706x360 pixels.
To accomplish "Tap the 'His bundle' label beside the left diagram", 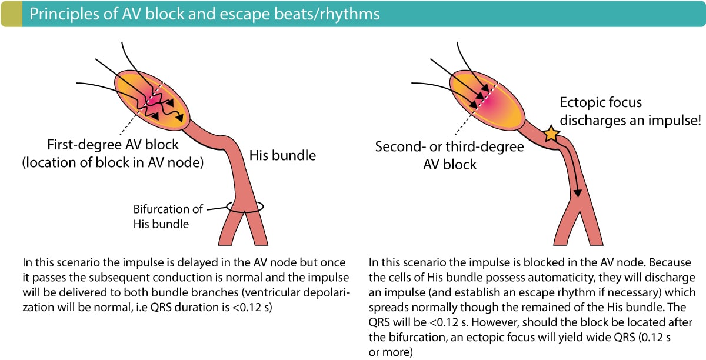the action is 282,155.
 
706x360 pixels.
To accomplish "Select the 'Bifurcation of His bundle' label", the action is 168,216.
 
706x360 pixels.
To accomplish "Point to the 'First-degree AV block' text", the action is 113,145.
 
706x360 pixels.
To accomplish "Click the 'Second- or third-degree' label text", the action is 449,147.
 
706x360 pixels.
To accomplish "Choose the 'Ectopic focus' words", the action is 601,102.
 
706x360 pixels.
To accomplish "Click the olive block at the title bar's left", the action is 12,14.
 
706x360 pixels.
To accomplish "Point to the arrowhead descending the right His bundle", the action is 577,193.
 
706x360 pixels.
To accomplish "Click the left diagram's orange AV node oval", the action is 152,100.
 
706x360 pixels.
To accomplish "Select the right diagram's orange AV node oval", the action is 487,100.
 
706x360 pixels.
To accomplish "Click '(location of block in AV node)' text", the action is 113,163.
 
